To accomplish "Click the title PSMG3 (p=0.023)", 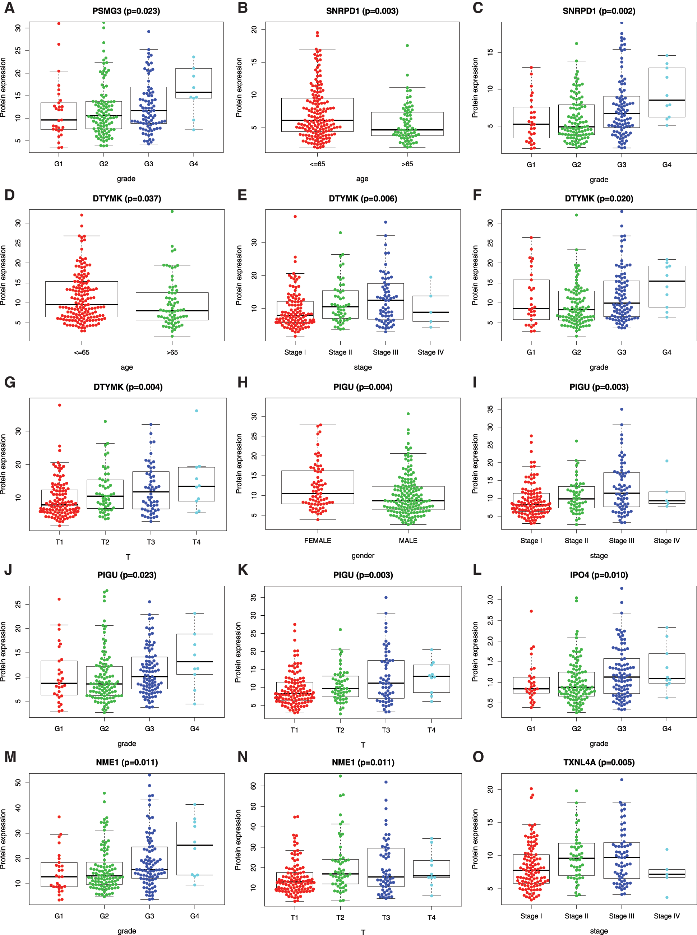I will click(x=126, y=11).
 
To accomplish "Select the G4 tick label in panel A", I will click(x=194, y=164).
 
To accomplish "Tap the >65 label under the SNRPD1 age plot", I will click(x=407, y=164).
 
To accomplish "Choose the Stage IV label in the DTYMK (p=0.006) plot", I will click(x=430, y=352).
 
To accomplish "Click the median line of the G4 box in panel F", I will click(x=666, y=281).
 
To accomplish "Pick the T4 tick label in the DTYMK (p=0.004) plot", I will click(x=196, y=542).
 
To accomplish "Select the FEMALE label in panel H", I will click(x=318, y=541).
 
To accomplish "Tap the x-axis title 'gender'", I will click(x=363, y=555).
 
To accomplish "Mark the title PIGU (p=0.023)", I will click(x=126, y=575).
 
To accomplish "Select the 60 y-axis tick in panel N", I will click(x=254, y=786).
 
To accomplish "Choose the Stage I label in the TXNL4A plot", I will click(x=531, y=916).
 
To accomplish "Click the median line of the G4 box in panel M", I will click(x=194, y=845).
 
